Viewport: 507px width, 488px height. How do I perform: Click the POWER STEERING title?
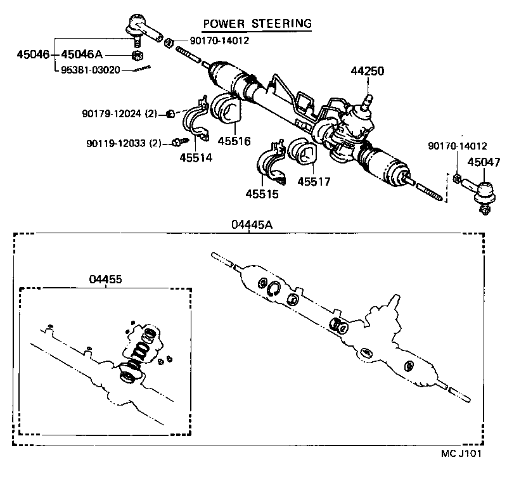[257, 23]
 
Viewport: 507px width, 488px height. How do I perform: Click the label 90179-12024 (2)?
[119, 114]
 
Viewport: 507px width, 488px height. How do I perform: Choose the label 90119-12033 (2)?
[124, 143]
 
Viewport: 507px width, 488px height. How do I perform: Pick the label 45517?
[315, 182]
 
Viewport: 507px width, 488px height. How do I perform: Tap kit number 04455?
[105, 279]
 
